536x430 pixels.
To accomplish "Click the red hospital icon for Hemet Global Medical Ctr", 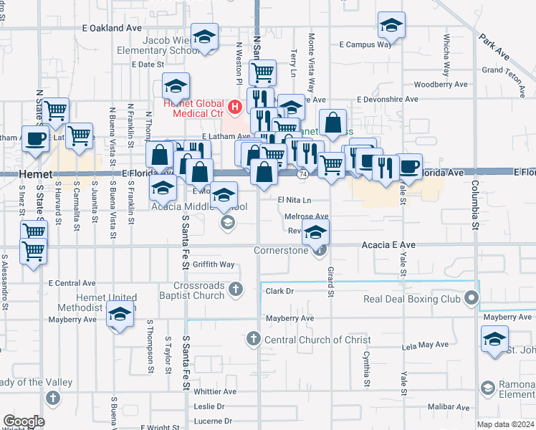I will coord(234,108).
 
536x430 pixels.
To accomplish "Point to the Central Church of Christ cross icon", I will coord(252,339).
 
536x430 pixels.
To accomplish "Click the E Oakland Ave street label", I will coord(113,28).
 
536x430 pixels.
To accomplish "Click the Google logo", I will coord(24,421).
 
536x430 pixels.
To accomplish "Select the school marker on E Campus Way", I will coord(391,27).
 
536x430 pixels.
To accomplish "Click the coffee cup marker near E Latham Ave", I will coord(35,139).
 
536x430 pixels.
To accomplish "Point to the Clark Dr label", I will coord(280,292).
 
